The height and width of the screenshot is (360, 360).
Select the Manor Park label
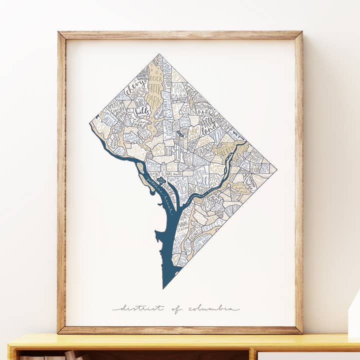178,91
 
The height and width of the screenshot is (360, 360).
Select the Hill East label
214,180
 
